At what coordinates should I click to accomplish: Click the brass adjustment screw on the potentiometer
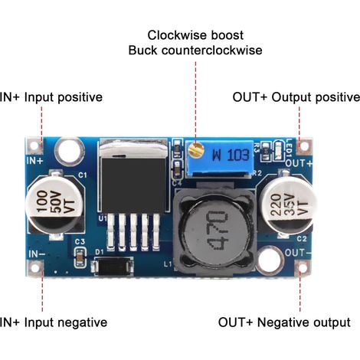click(195, 149)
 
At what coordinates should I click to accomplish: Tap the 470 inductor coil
click(215, 231)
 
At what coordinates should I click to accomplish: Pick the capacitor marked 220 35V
click(289, 204)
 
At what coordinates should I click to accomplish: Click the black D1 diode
click(113, 267)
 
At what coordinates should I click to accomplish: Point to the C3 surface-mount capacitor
click(80, 257)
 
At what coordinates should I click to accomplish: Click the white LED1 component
click(278, 152)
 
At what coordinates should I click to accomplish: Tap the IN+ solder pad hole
click(34, 146)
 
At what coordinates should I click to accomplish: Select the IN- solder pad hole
click(34, 268)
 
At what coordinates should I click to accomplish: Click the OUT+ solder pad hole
click(304, 146)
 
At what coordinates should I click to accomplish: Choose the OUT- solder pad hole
click(303, 268)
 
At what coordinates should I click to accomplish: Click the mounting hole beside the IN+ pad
click(70, 152)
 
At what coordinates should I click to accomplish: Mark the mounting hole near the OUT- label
click(270, 260)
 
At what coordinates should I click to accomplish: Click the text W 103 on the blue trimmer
click(231, 155)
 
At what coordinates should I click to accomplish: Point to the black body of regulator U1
click(133, 185)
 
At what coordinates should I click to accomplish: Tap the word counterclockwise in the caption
click(212, 51)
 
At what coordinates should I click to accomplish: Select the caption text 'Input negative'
click(66, 323)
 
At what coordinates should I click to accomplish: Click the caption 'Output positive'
click(316, 97)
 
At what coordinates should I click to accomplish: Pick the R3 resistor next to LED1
click(266, 152)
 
